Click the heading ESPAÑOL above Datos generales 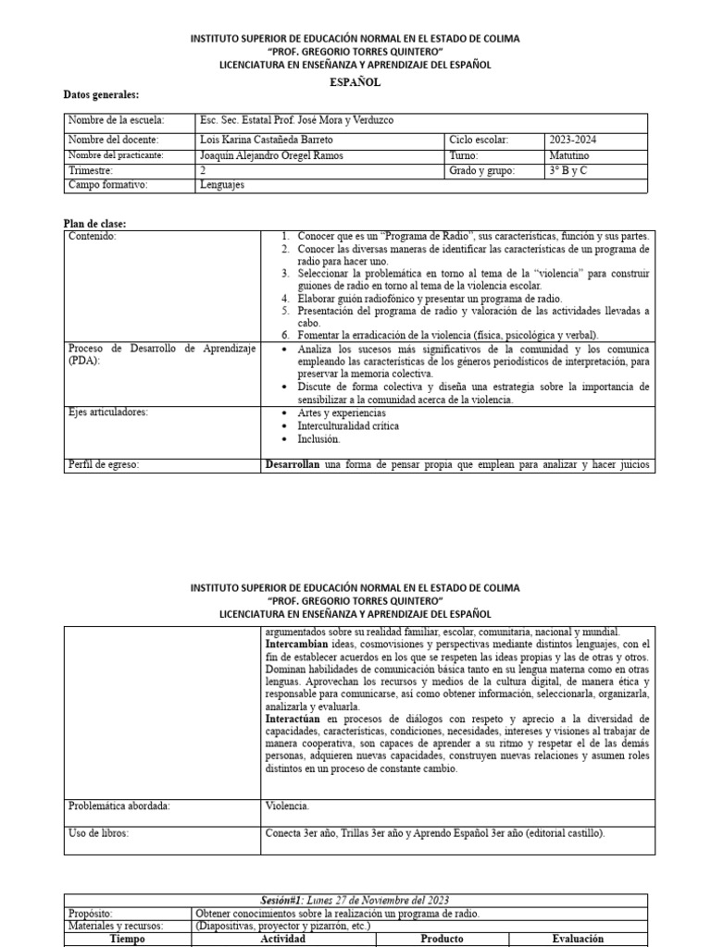355,82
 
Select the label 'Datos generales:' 101,95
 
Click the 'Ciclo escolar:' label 480,140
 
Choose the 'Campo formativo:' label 108,185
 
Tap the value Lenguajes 223,185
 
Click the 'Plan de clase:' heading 94,224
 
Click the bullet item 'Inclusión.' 319,439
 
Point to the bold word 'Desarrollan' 293,464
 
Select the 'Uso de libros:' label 99,833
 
